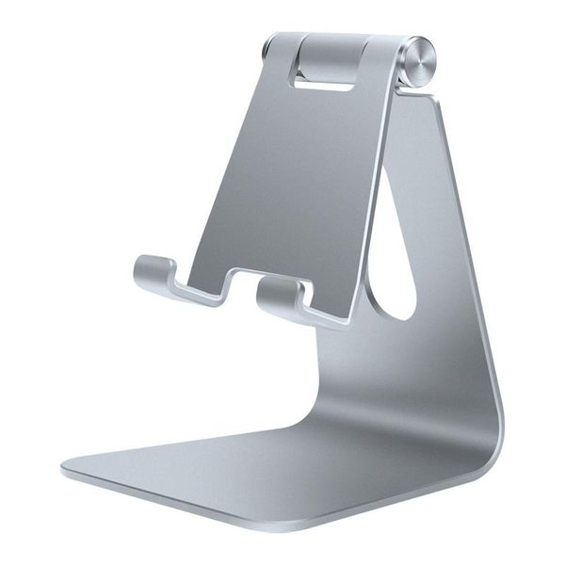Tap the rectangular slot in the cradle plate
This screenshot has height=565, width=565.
[325, 79]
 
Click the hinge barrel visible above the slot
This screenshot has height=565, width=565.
[334, 52]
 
